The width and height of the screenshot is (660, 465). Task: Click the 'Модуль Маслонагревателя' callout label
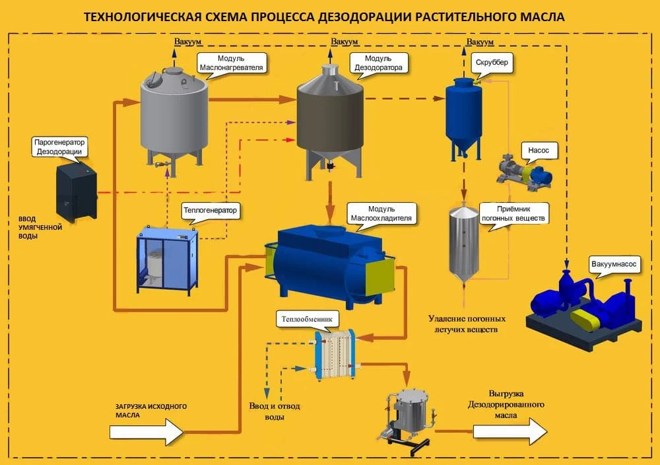pyautogui.click(x=231, y=63)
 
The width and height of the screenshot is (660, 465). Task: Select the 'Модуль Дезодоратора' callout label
pyautogui.click(x=378, y=63)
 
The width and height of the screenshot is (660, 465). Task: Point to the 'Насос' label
pyautogui.click(x=539, y=151)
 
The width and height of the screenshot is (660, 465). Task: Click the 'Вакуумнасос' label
pyautogui.click(x=614, y=264)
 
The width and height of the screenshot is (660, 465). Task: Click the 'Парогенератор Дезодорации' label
pyautogui.click(x=59, y=147)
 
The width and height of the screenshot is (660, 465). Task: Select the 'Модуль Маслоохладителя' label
pyautogui.click(x=380, y=213)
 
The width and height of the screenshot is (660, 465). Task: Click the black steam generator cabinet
pyautogui.click(x=77, y=193)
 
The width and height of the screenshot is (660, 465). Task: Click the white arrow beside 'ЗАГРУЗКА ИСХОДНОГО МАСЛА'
pyautogui.click(x=147, y=433)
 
